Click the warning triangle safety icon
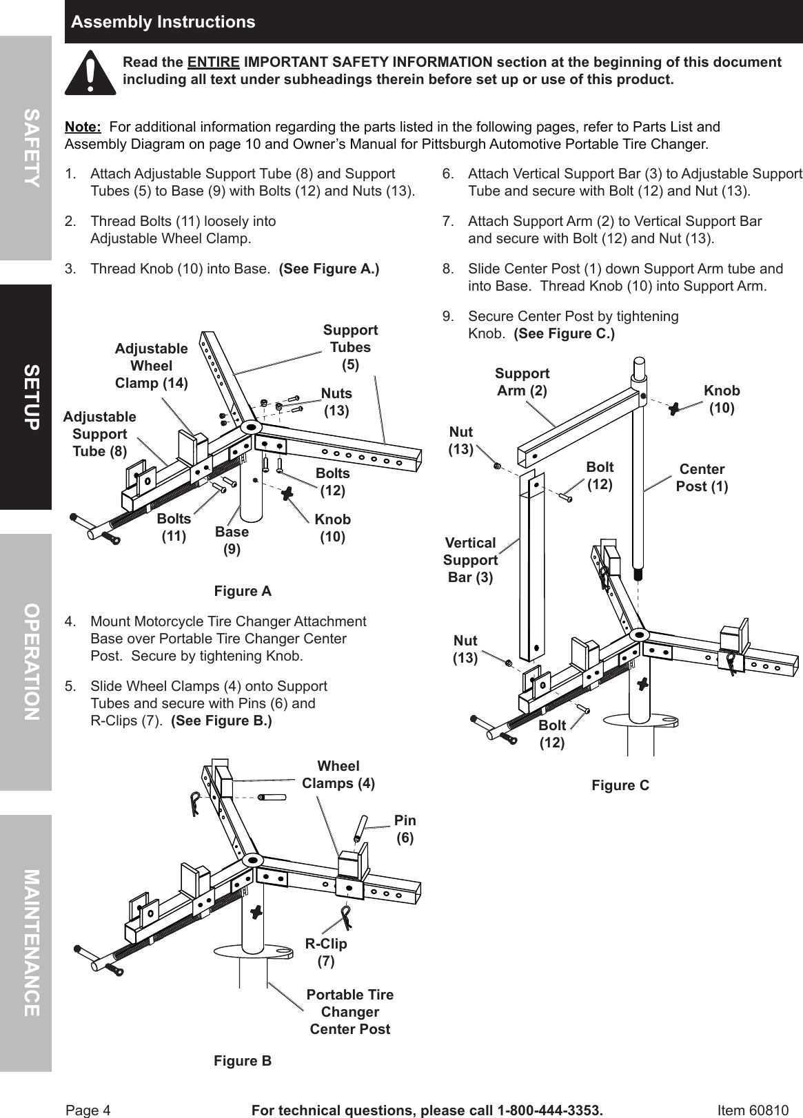coord(90,72)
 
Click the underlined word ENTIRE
coord(214,63)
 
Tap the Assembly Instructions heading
coord(163,22)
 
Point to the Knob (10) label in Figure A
coord(332,528)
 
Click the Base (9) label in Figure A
coord(232,540)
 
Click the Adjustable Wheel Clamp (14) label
coord(151,366)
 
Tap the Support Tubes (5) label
coord(350,347)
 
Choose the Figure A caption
coord(243,591)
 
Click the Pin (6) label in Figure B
coord(405,829)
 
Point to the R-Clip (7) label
coord(326,952)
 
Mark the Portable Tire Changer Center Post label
coord(350,1011)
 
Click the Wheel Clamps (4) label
coord(338,774)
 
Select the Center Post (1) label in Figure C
coord(701,477)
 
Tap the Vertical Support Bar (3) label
coord(470,560)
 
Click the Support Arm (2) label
coord(522,382)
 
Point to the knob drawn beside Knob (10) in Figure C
coord(673,408)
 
